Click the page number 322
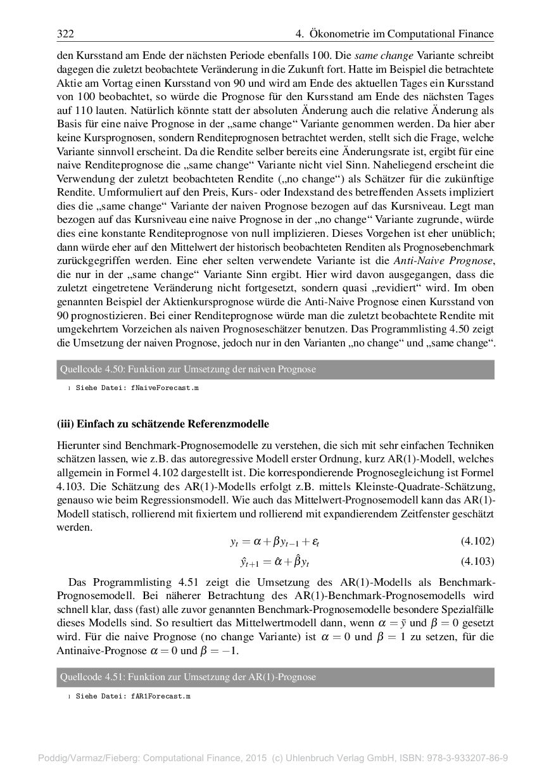click(x=65, y=34)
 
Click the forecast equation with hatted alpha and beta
click(x=274, y=561)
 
